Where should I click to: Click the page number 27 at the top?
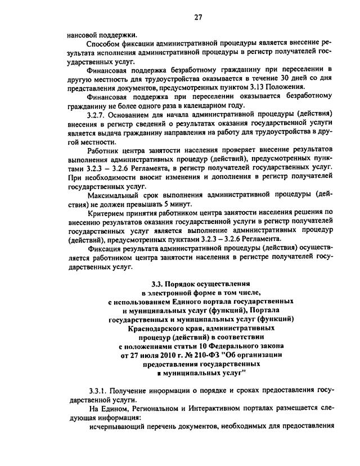pyautogui.click(x=198, y=17)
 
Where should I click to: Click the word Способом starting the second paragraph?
pyautogui.click(x=105, y=44)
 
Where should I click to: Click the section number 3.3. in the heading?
pyautogui.click(x=158, y=284)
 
